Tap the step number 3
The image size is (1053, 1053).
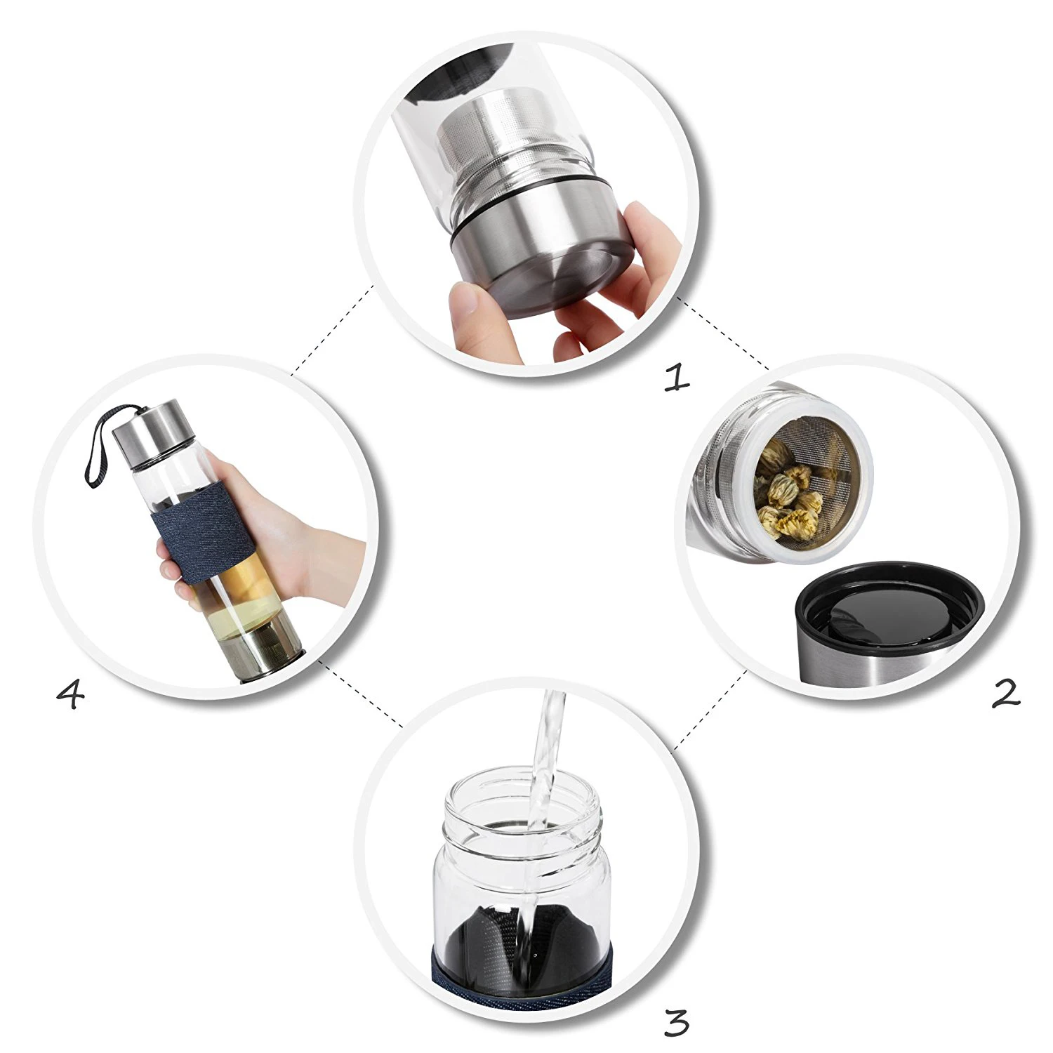point(675,1023)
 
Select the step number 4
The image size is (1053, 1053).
point(70,695)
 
